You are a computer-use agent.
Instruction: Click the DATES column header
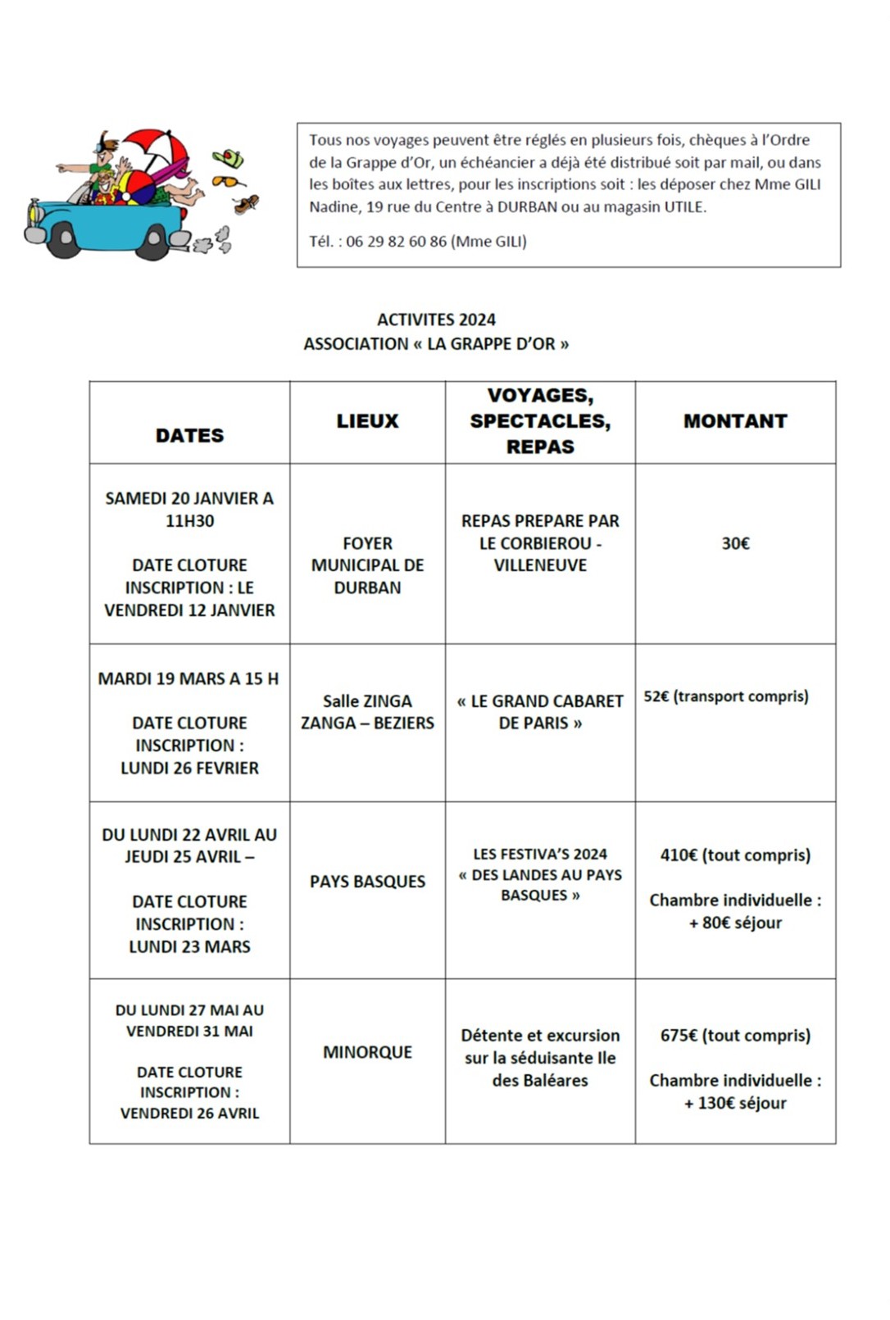coord(189,435)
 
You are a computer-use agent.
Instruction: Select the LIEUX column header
coord(367,421)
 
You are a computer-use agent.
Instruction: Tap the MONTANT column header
coord(735,421)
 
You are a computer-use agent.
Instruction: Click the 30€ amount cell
coord(735,543)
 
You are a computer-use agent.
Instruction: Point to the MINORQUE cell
coord(367,1052)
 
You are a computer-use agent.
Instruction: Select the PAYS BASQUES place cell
coord(367,882)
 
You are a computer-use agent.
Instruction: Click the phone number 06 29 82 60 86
coord(396,242)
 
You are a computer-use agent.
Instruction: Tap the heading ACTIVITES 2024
coord(436,320)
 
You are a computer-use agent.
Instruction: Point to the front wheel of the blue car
coord(64,240)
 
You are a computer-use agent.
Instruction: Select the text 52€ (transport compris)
coord(725,696)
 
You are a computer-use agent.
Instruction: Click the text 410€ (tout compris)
coord(735,855)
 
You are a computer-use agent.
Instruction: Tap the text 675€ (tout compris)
coord(735,1036)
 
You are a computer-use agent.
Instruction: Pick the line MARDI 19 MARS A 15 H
coord(188,678)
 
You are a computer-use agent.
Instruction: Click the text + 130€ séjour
coord(735,1103)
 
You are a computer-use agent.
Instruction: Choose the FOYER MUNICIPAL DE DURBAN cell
coord(367,565)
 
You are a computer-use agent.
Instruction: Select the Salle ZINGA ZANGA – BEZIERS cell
coord(367,712)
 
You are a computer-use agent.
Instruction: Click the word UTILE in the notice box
coord(683,207)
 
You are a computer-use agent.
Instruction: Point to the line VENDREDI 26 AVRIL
coord(189,1114)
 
